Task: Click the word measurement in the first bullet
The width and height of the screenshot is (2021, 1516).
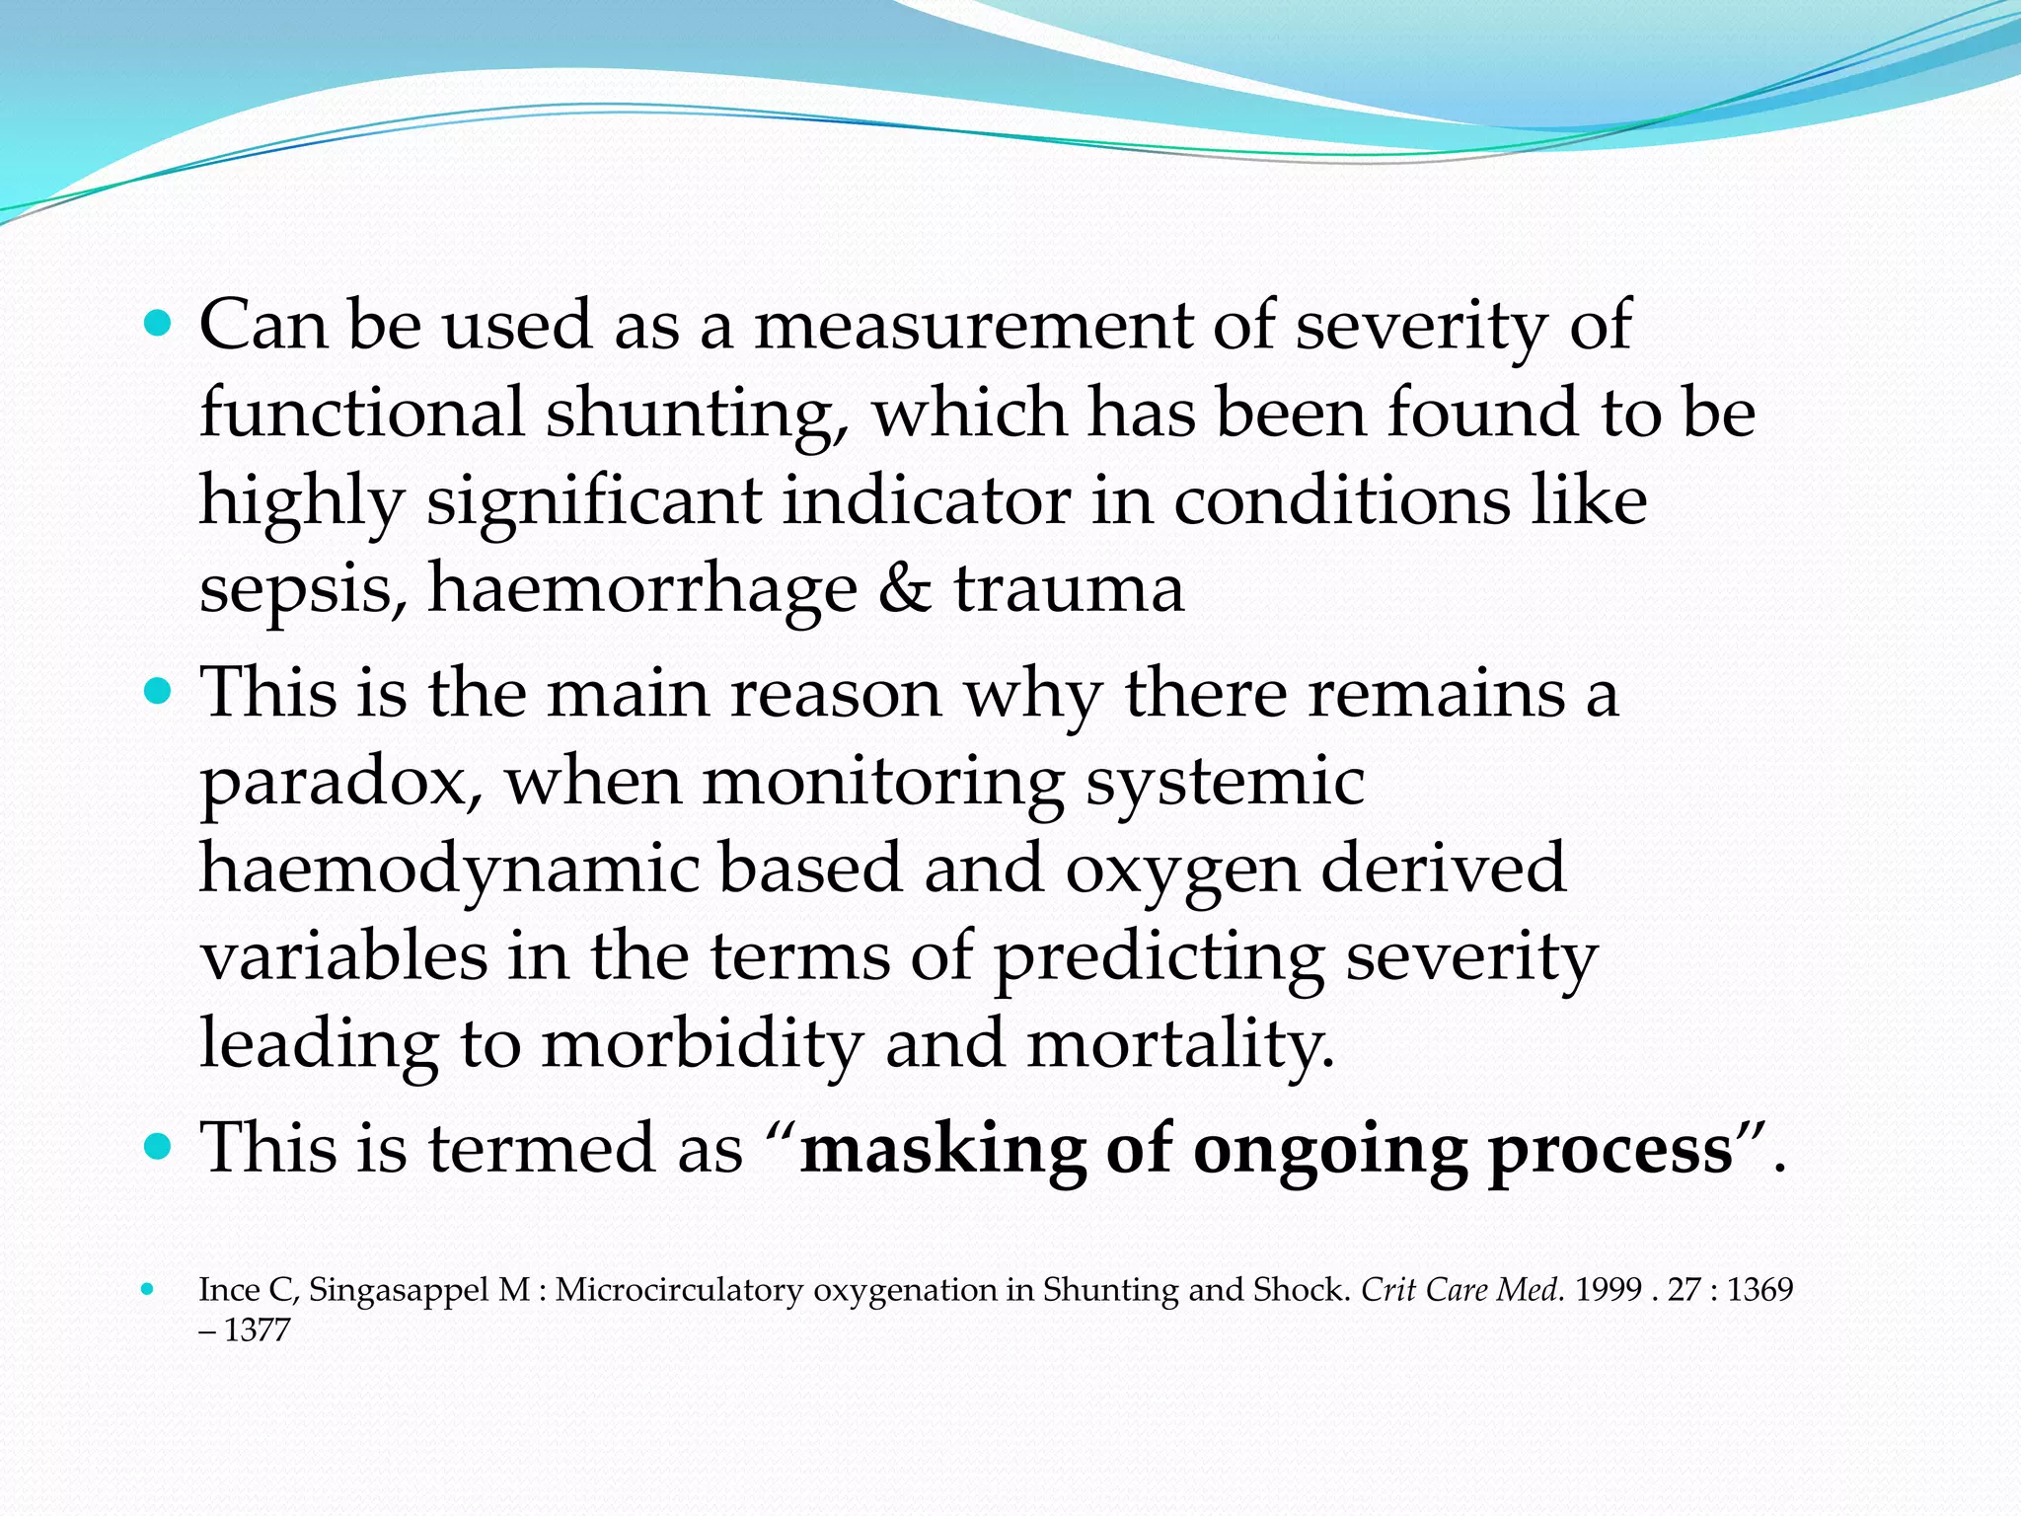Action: click(972, 326)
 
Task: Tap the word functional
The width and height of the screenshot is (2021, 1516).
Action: click(361, 413)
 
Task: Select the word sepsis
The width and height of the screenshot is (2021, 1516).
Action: click(302, 590)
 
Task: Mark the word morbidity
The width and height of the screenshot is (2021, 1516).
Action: click(702, 1045)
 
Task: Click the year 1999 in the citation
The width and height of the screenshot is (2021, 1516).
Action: click(1608, 1290)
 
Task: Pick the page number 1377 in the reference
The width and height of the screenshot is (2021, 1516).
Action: click(257, 1330)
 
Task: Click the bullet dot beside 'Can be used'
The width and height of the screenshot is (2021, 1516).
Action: click(157, 323)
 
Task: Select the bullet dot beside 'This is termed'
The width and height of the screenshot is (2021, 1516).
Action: click(157, 1147)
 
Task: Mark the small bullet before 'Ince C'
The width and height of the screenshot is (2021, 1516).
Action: click(148, 1289)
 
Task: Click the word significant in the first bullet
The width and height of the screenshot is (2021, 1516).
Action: click(593, 501)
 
